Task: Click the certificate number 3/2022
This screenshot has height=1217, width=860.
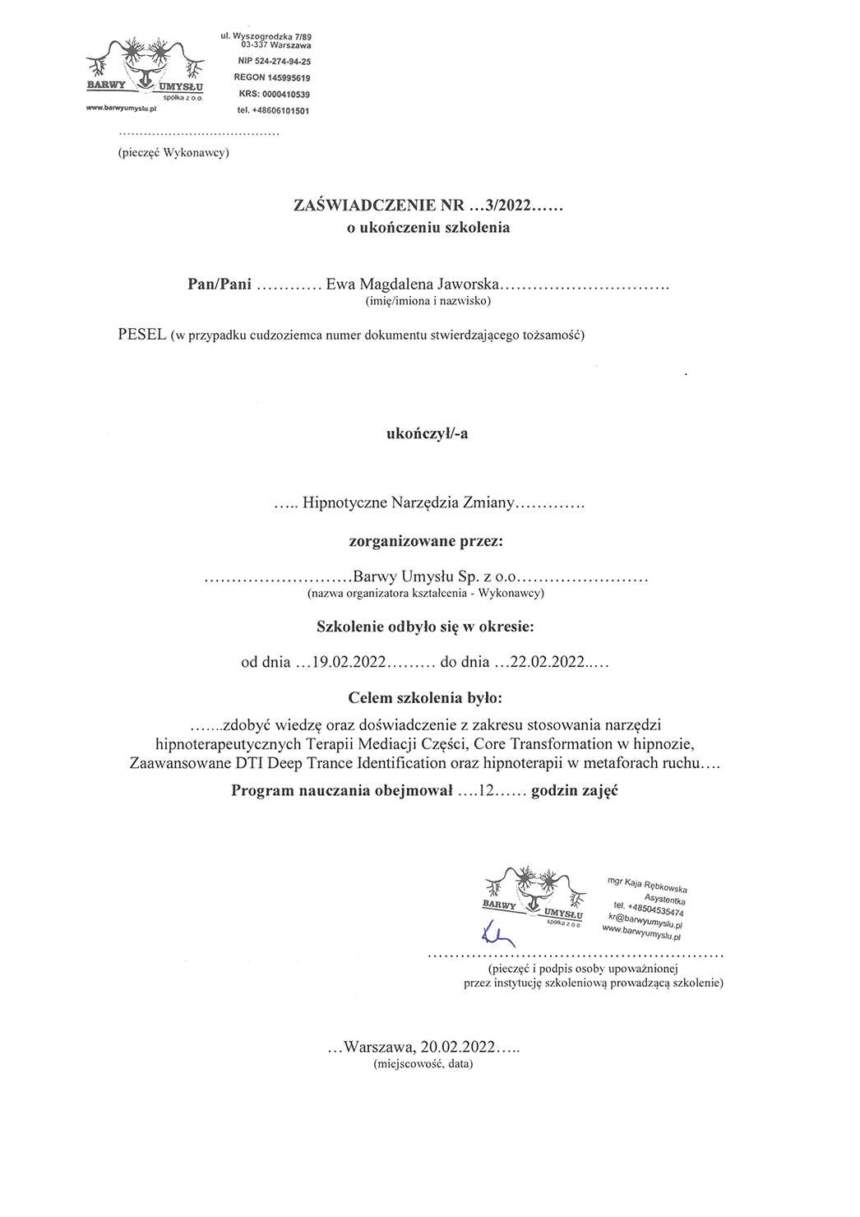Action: [x=510, y=206]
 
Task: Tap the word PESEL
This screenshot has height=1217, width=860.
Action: [x=141, y=335]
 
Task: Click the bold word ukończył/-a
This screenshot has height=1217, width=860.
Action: [x=427, y=433]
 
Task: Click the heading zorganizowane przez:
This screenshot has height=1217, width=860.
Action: [x=426, y=541]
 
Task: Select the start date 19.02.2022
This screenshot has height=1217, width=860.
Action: [x=349, y=662]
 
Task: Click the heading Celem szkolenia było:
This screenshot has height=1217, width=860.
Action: [x=424, y=698]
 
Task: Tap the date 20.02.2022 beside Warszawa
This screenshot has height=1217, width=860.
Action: [x=458, y=1047]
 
